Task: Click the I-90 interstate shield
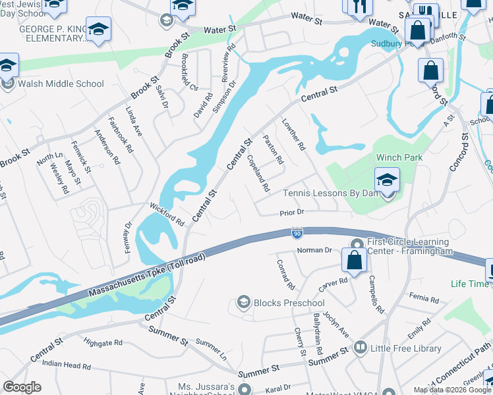[297, 232]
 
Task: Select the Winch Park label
[399, 158]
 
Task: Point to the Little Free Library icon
[360, 346]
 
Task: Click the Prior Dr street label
[291, 212]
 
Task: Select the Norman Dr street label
[314, 250]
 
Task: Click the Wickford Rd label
[167, 214]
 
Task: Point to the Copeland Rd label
[258, 173]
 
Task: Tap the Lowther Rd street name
[294, 134]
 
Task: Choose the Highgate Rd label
[103, 343]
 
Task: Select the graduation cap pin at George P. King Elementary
[98, 30]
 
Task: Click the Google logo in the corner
[22, 387]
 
